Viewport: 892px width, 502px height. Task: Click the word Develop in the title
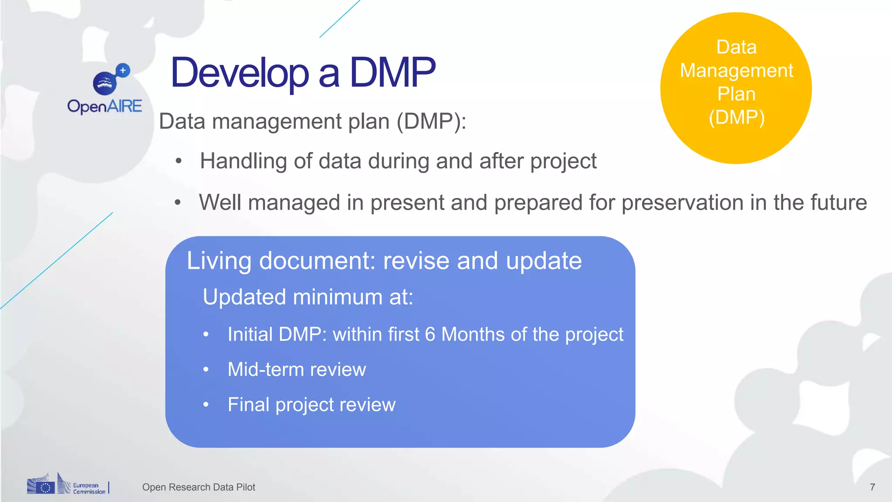point(240,73)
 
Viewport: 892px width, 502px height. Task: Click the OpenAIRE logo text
point(105,106)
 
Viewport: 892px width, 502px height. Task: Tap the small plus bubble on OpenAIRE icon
point(123,70)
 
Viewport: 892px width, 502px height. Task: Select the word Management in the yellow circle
point(736,71)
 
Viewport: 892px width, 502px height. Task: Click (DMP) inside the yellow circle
point(736,118)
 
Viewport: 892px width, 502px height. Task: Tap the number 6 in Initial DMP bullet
point(430,335)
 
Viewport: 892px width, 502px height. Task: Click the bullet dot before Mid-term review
point(206,370)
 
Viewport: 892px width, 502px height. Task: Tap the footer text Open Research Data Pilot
point(199,487)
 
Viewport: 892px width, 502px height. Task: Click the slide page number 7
point(872,487)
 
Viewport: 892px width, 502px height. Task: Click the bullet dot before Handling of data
point(178,161)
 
